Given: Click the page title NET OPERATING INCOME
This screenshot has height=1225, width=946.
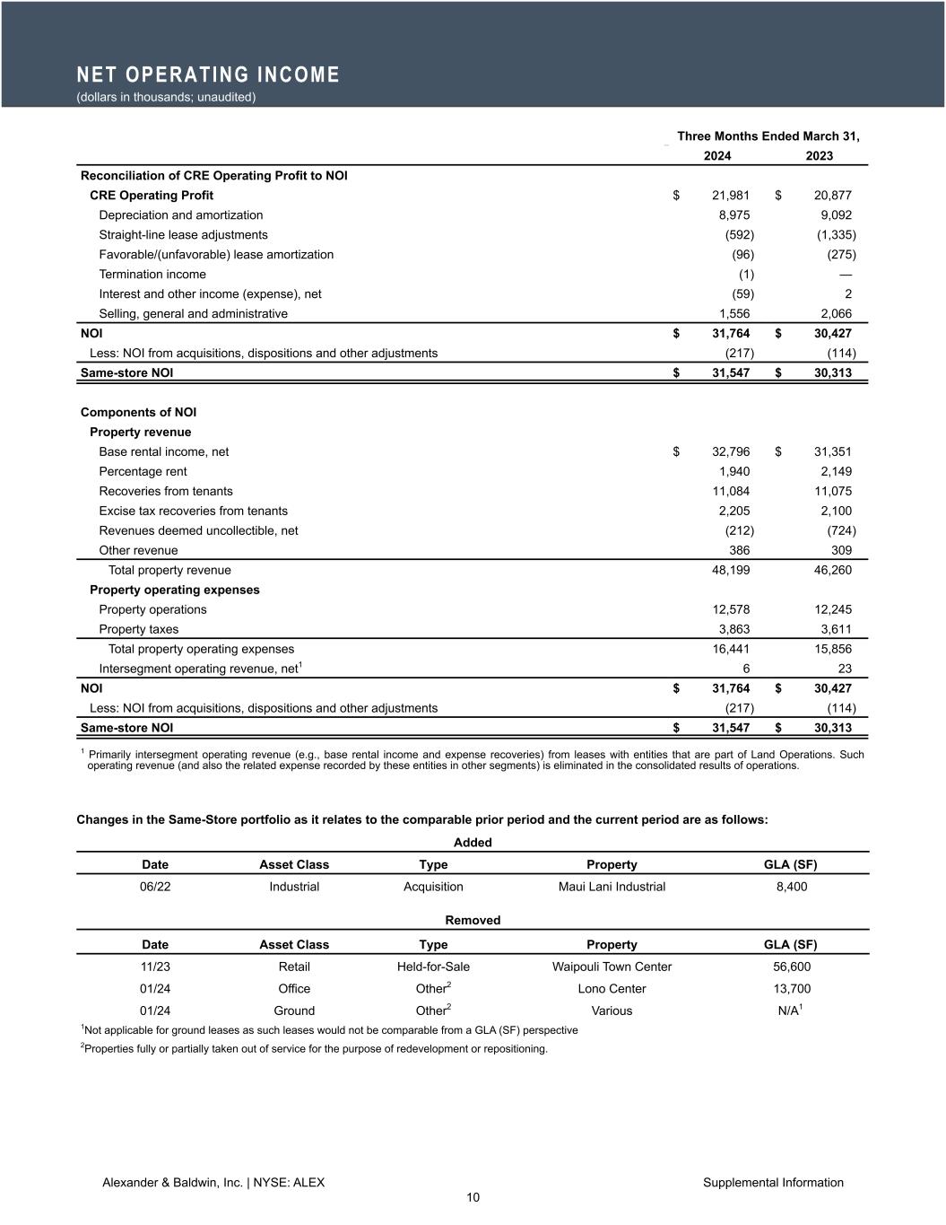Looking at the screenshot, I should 208,74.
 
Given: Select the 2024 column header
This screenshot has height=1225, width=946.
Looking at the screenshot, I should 716,156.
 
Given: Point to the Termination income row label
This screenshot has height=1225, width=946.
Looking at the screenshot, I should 152,275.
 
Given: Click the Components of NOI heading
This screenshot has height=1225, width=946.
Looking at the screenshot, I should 138,413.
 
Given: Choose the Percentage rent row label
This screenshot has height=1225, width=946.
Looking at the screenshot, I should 143,472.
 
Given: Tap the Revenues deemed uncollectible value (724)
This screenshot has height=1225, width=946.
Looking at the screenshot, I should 841,531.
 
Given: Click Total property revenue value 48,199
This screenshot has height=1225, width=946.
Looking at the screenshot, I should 731,571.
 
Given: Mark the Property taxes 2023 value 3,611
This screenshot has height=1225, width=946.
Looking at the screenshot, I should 836,630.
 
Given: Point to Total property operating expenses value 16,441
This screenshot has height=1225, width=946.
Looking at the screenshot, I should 731,650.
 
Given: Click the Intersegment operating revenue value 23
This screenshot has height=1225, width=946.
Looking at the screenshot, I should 843,669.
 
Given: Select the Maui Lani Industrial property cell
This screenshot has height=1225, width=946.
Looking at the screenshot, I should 612,887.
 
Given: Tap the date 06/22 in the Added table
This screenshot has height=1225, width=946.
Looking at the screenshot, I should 155,887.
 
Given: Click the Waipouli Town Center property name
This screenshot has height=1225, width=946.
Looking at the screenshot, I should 612,967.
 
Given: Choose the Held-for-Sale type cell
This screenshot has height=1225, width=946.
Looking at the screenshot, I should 433,967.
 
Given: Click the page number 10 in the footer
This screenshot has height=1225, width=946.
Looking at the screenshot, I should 473,1198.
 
